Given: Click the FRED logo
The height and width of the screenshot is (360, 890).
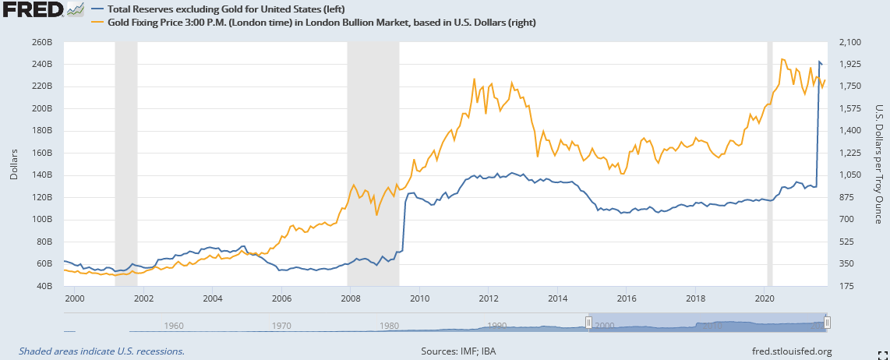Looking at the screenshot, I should [x=33, y=11].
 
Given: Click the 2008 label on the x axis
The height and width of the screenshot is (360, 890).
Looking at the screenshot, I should [x=350, y=298].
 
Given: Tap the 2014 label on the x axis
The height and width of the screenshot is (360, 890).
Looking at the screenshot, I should [x=557, y=298].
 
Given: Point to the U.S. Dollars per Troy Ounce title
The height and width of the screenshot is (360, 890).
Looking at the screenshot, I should [x=879, y=164].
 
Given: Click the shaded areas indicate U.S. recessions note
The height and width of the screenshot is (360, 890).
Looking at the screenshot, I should [x=101, y=351].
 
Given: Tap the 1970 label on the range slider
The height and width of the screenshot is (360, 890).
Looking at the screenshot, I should [x=280, y=325].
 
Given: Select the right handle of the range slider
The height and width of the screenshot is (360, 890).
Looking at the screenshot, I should [x=828, y=323].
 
